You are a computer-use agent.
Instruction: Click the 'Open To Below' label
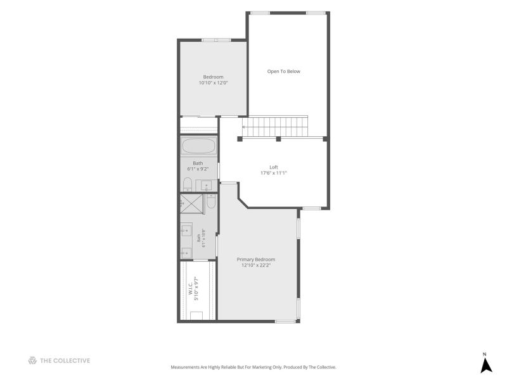283,72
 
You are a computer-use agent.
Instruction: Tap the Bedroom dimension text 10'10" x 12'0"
214,83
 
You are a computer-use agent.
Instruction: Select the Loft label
274,167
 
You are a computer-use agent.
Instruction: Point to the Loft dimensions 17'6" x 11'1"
274,173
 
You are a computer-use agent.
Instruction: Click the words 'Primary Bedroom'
256,260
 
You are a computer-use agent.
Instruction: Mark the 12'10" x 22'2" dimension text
256,265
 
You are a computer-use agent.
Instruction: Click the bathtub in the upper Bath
199,146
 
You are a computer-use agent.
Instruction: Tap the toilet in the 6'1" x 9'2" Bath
188,184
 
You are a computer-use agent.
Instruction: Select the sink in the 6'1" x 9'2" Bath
207,186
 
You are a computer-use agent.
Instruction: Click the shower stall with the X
191,203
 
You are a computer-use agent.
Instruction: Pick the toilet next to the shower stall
211,201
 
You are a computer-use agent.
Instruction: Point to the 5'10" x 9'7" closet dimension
196,289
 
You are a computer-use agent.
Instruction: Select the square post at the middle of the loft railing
278,139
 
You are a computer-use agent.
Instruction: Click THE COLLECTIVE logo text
65,360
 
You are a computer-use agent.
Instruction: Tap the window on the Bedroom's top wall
216,40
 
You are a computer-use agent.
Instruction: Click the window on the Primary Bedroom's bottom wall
285,322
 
